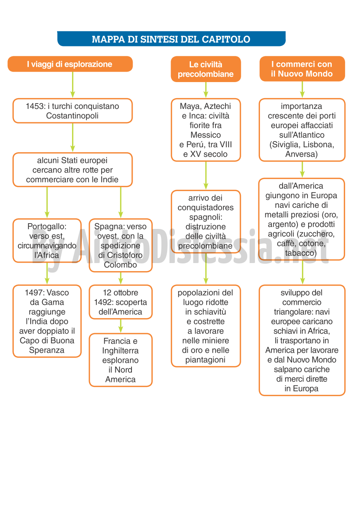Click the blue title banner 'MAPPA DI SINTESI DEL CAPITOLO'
click(171, 39)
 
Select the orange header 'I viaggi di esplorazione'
click(70, 64)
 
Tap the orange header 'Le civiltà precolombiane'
click(206, 69)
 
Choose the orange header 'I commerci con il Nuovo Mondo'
click(302, 69)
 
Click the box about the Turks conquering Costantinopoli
click(72, 111)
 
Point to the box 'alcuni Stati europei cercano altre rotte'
click(72, 170)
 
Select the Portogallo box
click(47, 240)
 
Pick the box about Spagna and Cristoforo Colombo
click(121, 245)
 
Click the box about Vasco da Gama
click(47, 321)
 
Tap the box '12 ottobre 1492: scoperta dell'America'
click(121, 302)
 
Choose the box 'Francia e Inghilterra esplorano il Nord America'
click(121, 360)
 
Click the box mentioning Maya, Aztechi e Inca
click(206, 130)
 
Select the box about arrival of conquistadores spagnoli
click(206, 222)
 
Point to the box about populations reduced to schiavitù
click(206, 326)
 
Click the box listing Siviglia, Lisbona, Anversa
click(302, 130)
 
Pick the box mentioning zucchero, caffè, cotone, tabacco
click(302, 219)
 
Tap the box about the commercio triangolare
click(302, 341)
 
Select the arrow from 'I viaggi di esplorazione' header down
click(72, 85)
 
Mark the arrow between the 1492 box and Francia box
click(121, 326)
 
